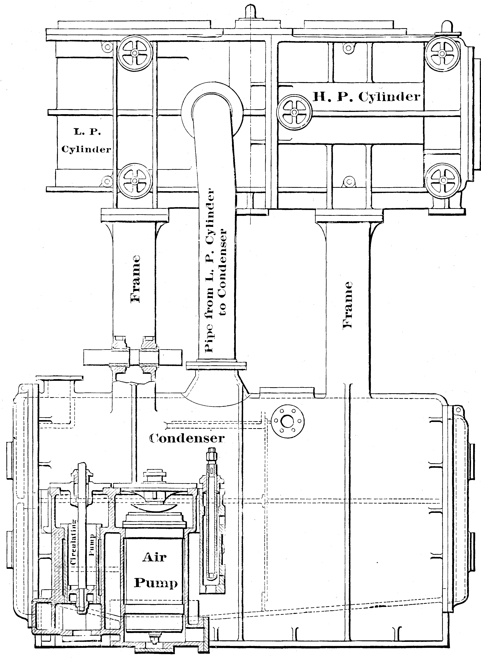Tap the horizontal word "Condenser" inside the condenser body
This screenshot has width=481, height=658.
[x=187, y=438]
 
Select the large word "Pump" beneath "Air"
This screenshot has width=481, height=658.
[x=156, y=583]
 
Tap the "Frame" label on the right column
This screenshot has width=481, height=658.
[x=348, y=305]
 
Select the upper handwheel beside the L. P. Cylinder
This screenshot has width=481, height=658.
[x=135, y=53]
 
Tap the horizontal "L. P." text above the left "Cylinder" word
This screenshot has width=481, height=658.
[x=87, y=132]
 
